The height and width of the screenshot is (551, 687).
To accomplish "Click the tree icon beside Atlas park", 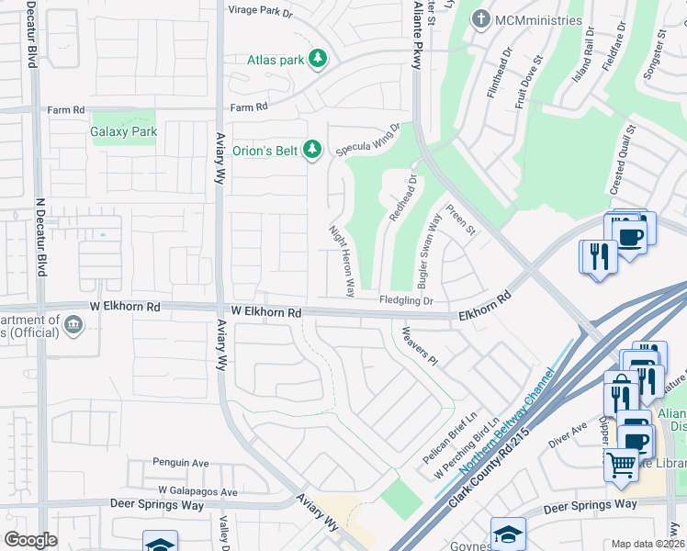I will [318, 60].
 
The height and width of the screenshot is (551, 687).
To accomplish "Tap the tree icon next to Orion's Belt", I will [312, 149].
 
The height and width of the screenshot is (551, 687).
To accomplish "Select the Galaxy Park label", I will [124, 131].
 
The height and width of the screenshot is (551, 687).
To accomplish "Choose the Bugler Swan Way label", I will [429, 247].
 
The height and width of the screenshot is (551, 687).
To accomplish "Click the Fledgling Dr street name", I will [406, 300].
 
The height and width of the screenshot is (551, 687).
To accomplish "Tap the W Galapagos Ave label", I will [197, 491].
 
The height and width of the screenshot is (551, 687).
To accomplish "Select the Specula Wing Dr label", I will [369, 141].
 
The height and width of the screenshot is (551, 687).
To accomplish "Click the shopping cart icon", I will [622, 464].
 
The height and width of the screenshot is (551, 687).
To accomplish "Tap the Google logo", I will [30, 539].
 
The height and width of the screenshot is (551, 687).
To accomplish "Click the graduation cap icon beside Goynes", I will [508, 533].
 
